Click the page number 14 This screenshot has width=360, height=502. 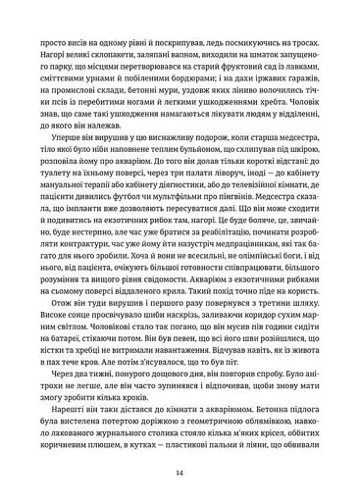click(180, 472)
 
